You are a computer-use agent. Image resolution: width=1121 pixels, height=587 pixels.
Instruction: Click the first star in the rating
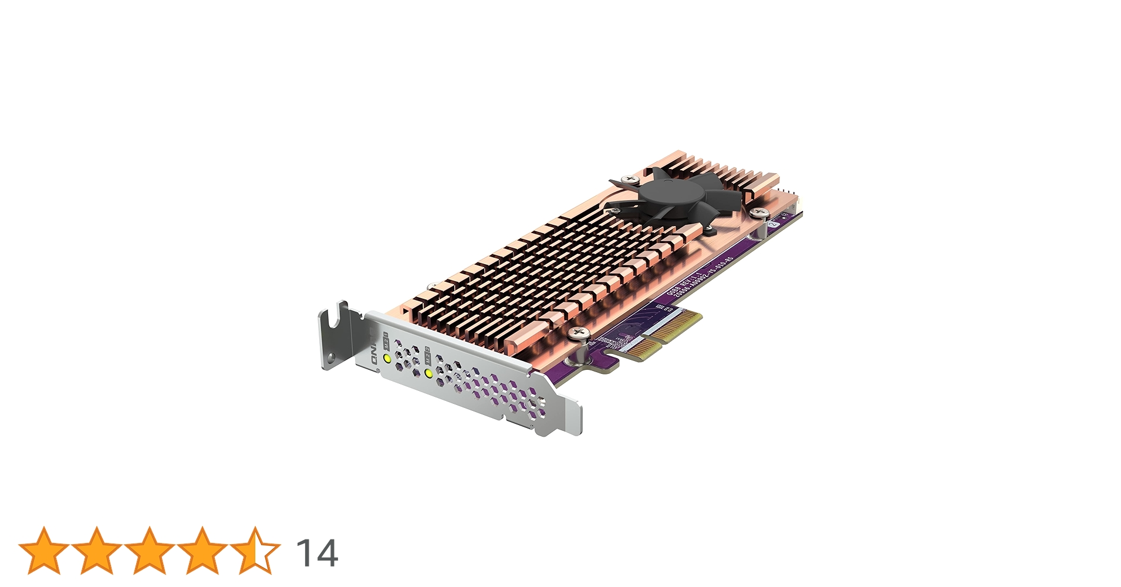[44, 551]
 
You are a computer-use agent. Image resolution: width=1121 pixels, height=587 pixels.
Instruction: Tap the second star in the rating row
[97, 551]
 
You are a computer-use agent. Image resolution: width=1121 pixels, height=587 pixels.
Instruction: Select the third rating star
[150, 551]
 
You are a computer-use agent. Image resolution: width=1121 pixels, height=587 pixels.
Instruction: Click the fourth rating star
[202, 551]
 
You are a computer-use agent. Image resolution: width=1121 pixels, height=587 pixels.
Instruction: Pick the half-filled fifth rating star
[255, 551]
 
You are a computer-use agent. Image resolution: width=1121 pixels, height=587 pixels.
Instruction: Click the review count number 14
[317, 553]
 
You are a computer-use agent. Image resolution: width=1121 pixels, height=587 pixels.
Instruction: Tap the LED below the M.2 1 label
[387, 357]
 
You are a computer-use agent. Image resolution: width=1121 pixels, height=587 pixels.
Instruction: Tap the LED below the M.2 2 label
[428, 373]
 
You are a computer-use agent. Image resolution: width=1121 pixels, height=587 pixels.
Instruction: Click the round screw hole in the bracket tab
[332, 356]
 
